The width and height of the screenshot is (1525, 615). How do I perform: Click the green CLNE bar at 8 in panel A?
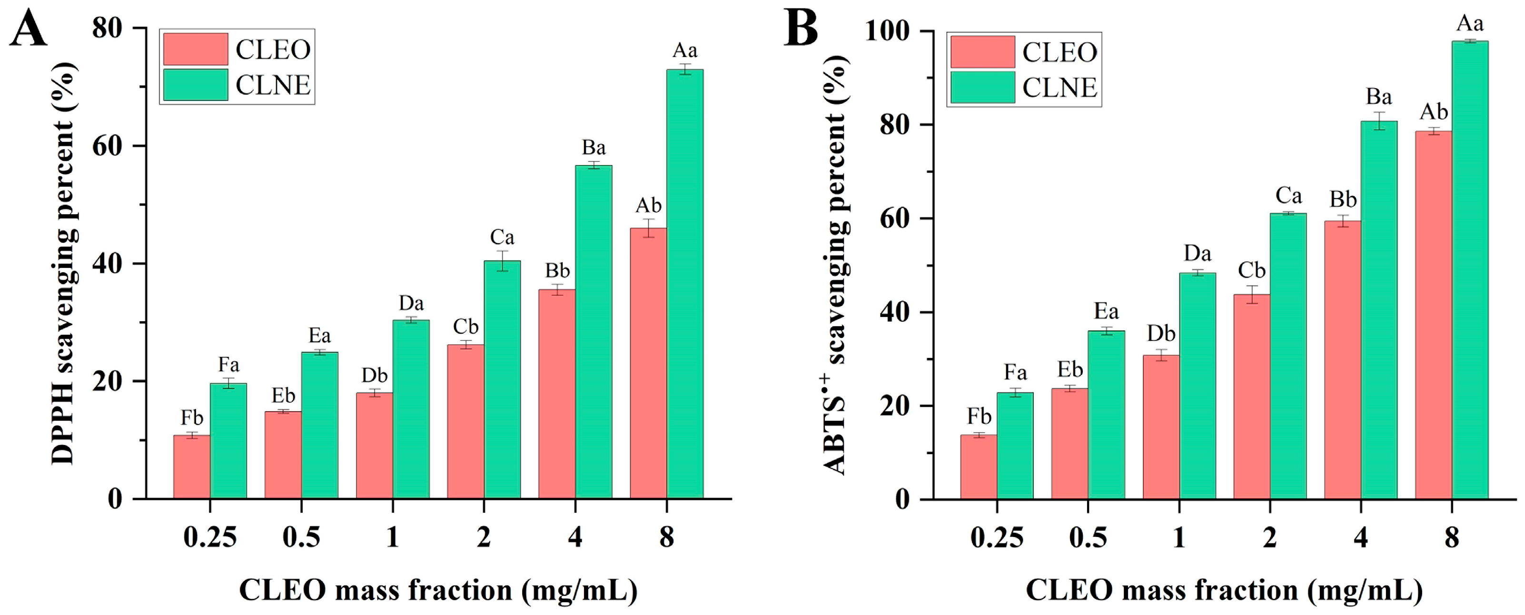pyautogui.click(x=685, y=284)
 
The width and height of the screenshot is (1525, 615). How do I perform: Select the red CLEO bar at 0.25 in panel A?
pyautogui.click(x=192, y=467)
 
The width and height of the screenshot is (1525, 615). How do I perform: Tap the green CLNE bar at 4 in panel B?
pyautogui.click(x=1379, y=310)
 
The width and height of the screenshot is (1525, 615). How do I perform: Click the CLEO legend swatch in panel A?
pyautogui.click(x=195, y=49)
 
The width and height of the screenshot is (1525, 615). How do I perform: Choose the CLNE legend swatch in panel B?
pyautogui.click(x=983, y=88)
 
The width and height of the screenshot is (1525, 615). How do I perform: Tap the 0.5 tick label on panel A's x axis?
pyautogui.click(x=301, y=537)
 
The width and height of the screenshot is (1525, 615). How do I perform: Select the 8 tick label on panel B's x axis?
pyautogui.click(x=1452, y=538)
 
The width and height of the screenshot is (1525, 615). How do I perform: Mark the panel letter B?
pyautogui.click(x=801, y=29)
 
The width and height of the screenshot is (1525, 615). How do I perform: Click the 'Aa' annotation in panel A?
pyautogui.click(x=685, y=51)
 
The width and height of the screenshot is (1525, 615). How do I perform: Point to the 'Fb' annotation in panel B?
pyautogui.click(x=979, y=417)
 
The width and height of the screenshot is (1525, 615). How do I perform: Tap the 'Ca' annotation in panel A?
pyautogui.click(x=502, y=238)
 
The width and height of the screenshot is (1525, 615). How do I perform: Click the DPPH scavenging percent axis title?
pyautogui.click(x=64, y=263)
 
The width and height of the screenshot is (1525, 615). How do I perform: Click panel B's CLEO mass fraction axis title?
pyautogui.click(x=1224, y=591)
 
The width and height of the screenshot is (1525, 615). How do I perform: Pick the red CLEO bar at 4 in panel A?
pyautogui.click(x=556, y=394)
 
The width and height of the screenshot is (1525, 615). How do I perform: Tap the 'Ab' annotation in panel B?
pyautogui.click(x=1434, y=112)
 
